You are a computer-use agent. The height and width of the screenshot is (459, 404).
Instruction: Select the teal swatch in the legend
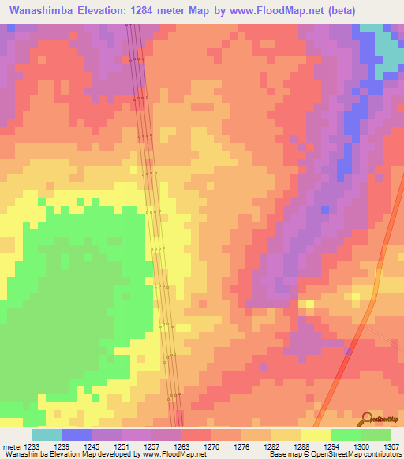[x=47, y=435]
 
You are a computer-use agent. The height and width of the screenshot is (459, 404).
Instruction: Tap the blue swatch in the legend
[x=77, y=435]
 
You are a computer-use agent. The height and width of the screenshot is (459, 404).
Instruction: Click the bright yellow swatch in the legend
[x=316, y=435]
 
